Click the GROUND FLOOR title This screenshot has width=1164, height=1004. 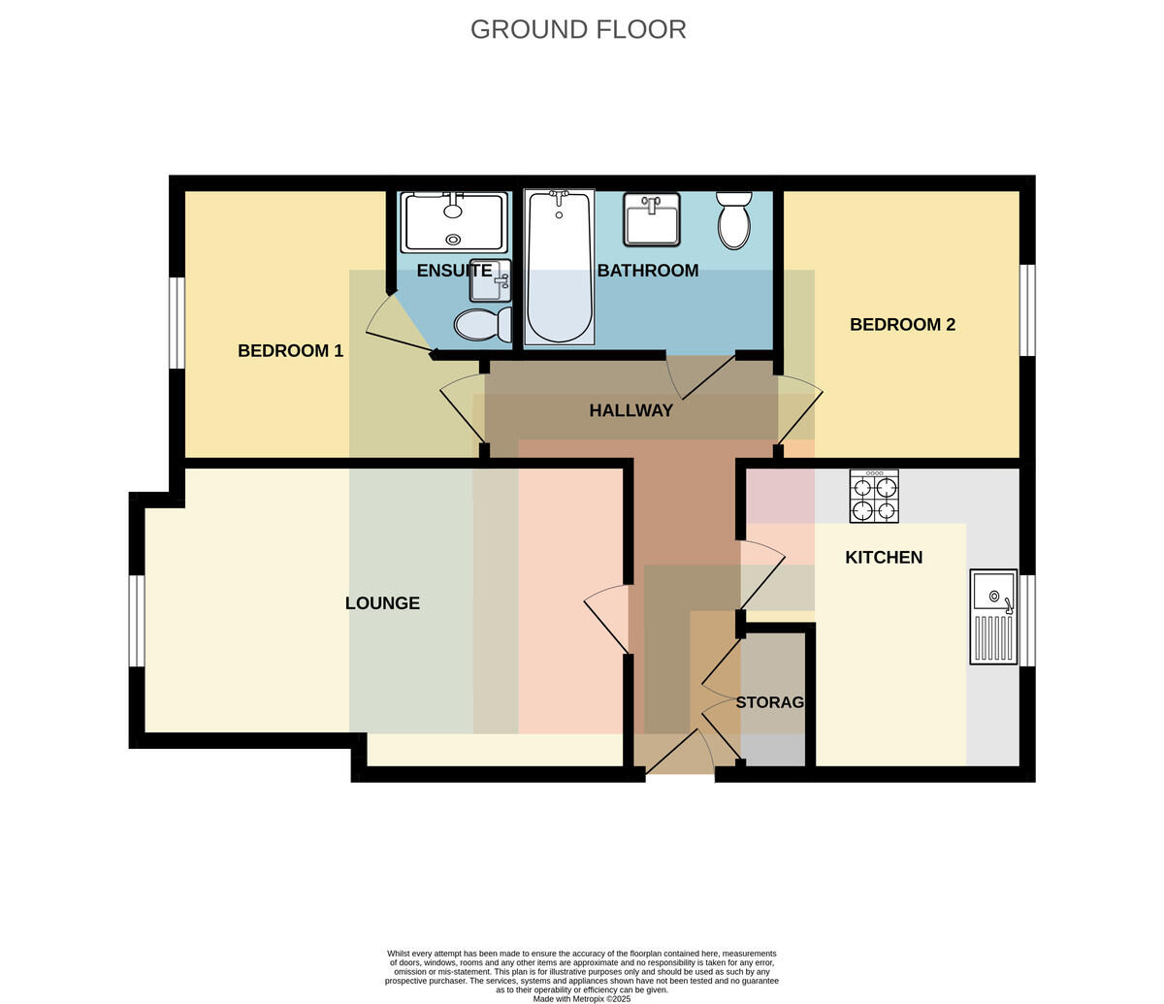578,29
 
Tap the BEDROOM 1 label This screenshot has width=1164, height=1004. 291,351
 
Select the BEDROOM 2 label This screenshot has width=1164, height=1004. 903,324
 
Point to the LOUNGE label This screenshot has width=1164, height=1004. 382,603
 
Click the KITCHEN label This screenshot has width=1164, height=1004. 884,558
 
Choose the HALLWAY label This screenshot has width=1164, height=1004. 631,410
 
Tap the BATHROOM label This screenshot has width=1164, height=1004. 648,271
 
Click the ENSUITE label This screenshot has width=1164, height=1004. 455,271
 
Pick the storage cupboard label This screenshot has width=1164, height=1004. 770,702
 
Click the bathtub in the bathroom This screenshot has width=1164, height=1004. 559,267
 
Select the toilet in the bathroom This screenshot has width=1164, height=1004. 734,220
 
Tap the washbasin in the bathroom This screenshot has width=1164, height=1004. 652,219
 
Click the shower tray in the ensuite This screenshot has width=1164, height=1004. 454,222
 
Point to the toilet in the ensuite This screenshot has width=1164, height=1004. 483,324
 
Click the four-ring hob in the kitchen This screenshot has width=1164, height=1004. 874,497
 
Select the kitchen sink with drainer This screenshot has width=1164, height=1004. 993,617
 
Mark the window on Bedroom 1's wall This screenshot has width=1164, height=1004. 177,323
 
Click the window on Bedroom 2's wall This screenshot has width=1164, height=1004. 1028,310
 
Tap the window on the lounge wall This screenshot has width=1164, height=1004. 137,621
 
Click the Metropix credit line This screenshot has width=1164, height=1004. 582,999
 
